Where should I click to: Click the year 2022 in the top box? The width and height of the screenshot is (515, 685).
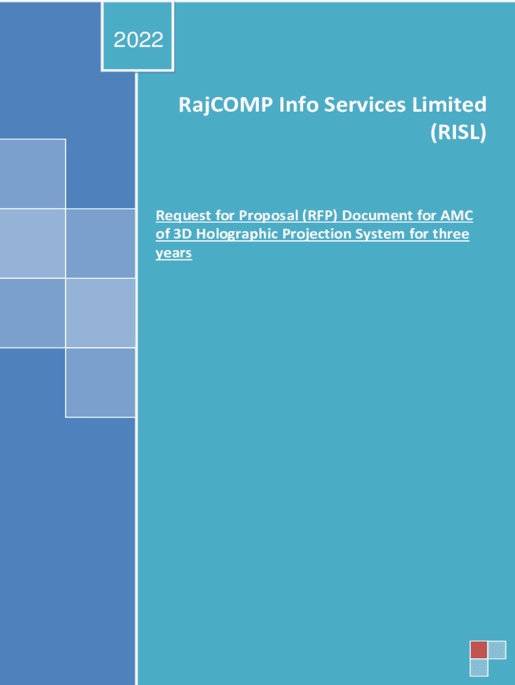coord(138,39)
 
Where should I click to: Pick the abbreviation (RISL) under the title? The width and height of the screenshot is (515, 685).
coord(458,132)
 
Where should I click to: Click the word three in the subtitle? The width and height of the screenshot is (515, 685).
coord(451,234)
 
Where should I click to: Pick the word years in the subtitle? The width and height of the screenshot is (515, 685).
coord(174,254)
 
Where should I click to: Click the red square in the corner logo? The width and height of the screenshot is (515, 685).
coord(479,650)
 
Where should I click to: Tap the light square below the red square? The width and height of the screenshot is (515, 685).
coord(479,668)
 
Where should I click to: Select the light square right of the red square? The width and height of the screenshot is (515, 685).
coord(497,650)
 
